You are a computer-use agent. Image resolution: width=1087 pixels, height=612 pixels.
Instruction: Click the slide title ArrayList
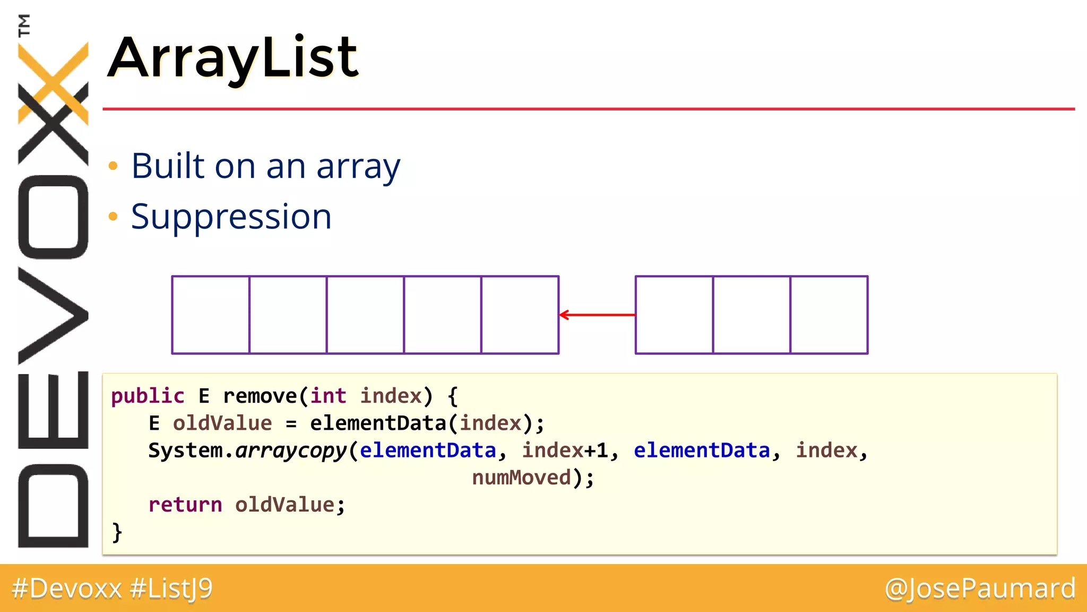point(234,57)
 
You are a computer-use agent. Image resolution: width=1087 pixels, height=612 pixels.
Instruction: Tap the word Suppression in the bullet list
point(231,217)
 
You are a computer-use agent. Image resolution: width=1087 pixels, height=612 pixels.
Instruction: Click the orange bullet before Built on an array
point(113,166)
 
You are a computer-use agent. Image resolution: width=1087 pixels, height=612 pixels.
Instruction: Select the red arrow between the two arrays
point(597,314)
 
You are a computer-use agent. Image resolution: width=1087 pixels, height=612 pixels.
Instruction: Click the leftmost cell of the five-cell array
point(211,314)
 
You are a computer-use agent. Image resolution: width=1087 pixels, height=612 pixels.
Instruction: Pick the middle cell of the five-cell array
point(365,314)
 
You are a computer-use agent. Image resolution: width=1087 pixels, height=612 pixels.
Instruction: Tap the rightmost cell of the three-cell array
point(829,314)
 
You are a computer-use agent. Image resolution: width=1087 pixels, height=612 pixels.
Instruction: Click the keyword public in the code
point(148,396)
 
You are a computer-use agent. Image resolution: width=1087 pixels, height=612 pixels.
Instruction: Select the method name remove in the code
point(260,396)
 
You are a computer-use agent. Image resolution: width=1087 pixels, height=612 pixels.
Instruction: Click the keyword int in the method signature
point(328,396)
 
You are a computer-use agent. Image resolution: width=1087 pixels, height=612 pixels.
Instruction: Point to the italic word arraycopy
point(291,451)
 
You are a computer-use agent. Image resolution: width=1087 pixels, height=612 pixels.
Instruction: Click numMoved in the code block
point(522,478)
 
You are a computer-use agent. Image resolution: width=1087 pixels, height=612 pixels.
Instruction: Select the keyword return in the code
point(185,505)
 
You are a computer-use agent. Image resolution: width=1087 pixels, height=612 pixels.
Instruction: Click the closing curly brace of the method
point(117,532)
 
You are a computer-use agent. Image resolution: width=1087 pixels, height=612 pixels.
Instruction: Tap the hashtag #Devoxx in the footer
point(67,589)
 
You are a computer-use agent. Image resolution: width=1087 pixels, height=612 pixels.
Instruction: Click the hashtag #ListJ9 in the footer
point(171,589)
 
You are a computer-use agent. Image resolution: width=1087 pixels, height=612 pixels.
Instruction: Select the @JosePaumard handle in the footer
point(980,589)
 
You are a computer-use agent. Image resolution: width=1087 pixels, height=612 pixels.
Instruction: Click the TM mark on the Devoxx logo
point(24,25)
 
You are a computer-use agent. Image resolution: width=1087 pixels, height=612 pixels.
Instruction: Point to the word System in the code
point(185,450)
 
